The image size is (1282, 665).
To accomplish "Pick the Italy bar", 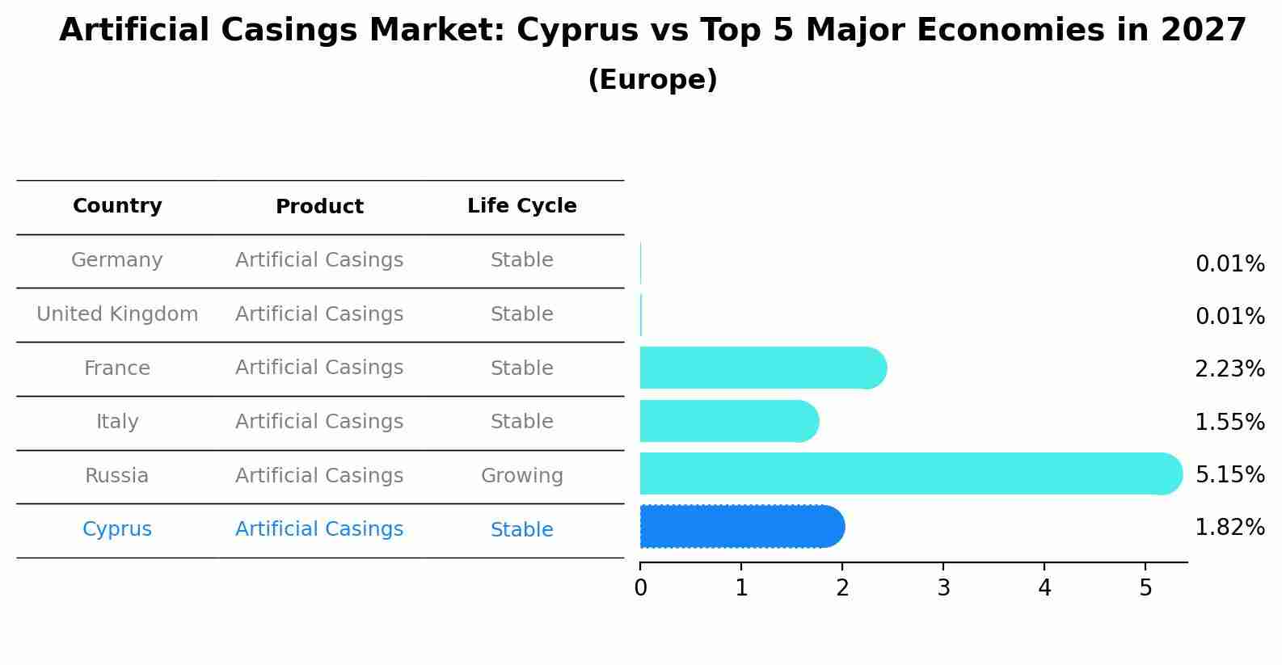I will click(728, 421).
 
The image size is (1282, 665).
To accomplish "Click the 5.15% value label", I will click(1229, 474).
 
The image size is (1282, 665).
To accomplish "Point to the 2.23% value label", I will click(1229, 369).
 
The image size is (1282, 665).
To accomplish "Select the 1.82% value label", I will click(1229, 528).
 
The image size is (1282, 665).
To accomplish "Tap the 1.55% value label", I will click(1229, 422).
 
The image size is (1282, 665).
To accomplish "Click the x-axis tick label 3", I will click(943, 588).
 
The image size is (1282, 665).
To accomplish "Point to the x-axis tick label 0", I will click(640, 588).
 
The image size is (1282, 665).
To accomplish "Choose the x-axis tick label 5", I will click(1145, 588).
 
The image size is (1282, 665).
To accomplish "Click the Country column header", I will click(117, 206).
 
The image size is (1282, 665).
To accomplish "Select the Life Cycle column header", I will click(521, 206).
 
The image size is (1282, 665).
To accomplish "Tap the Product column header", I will click(319, 207).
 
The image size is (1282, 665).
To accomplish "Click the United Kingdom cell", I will click(117, 314).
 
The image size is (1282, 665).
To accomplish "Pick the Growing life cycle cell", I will click(521, 476).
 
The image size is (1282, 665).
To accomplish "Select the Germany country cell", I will click(117, 260).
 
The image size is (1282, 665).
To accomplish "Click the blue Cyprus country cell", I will click(117, 529).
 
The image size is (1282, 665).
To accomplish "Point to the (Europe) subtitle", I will click(652, 80).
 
